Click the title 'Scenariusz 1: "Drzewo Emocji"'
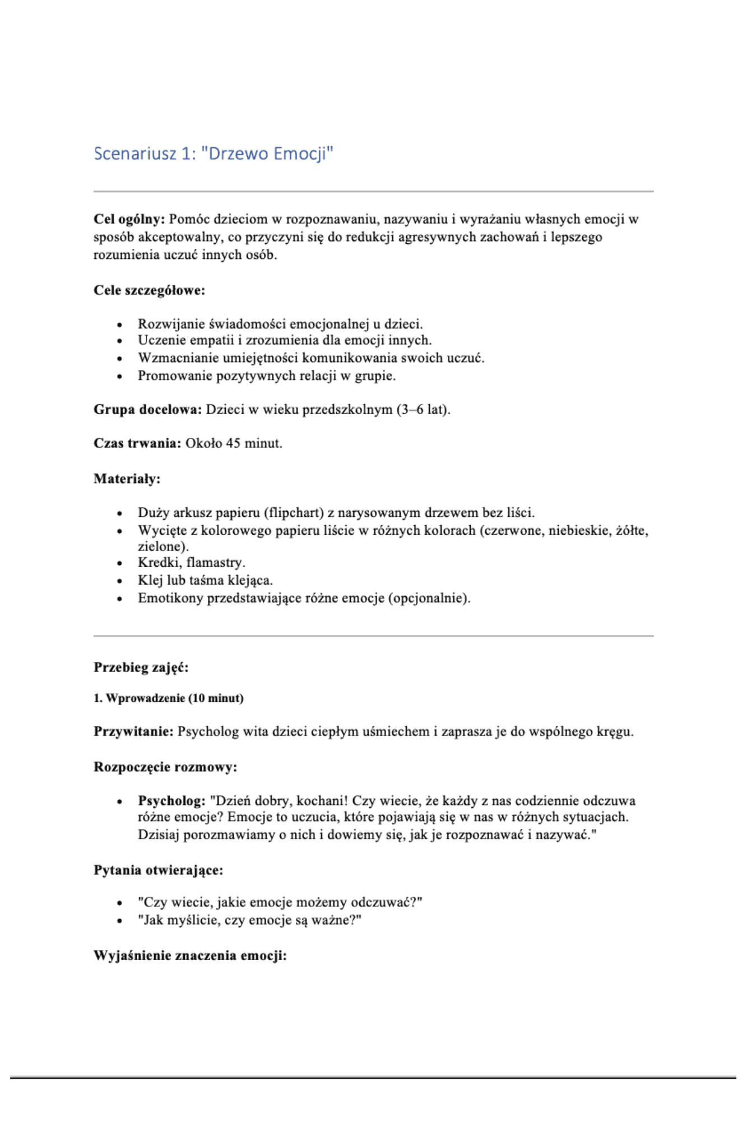click(x=214, y=154)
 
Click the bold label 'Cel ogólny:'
click(x=129, y=219)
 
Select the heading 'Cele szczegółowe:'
click(x=149, y=290)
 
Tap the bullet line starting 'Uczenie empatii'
click(x=284, y=340)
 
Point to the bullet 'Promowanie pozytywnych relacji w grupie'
click(x=266, y=376)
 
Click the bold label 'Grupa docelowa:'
click(x=147, y=410)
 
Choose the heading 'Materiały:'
click(x=127, y=479)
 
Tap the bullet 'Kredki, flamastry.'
click(x=191, y=562)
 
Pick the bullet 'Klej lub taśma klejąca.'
click(x=205, y=580)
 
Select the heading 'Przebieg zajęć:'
click(x=141, y=668)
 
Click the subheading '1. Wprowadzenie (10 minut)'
click(x=168, y=698)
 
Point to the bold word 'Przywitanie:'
click(x=133, y=731)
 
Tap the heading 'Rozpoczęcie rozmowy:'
click(x=165, y=767)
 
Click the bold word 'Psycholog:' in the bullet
click(x=171, y=800)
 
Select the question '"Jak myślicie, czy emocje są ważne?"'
click(x=249, y=920)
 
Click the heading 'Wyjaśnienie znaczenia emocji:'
click(x=190, y=956)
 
